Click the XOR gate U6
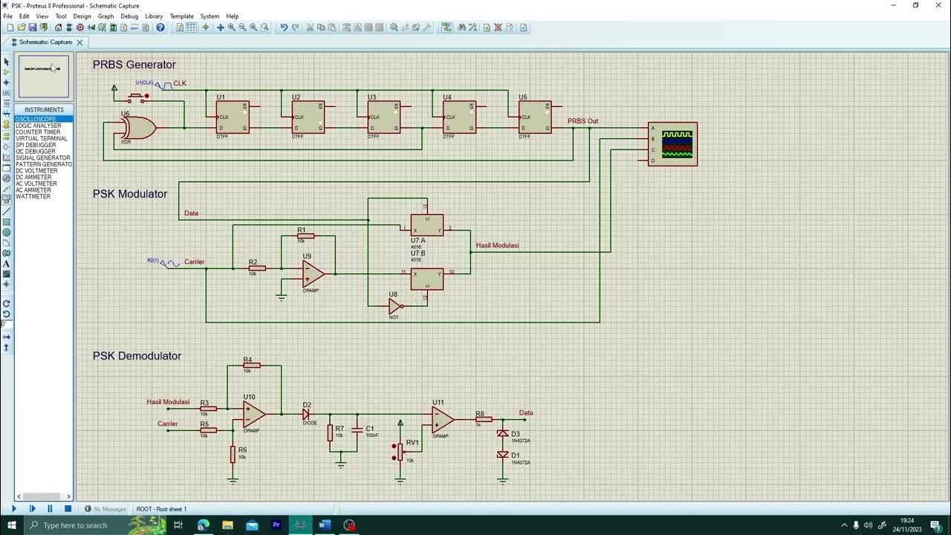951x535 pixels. pyautogui.click(x=139, y=128)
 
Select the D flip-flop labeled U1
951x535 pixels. pyautogui.click(x=233, y=117)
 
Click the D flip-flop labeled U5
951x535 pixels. pyautogui.click(x=535, y=117)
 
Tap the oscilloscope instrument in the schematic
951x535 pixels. pyautogui.click(x=672, y=144)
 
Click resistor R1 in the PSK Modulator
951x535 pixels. pyautogui.click(x=305, y=236)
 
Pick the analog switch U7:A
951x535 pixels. pyautogui.click(x=426, y=225)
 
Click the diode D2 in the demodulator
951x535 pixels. pyautogui.click(x=306, y=415)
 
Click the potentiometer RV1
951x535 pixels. pyautogui.click(x=400, y=450)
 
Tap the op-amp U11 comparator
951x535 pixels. pyautogui.click(x=443, y=420)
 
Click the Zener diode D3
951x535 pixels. pyautogui.click(x=503, y=433)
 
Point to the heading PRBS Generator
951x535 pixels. pyautogui.click(x=134, y=65)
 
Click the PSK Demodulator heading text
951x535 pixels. pyautogui.click(x=137, y=356)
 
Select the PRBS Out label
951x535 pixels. pyautogui.click(x=582, y=121)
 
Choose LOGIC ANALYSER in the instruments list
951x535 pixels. pyautogui.click(x=39, y=126)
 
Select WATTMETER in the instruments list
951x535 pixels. pyautogui.click(x=33, y=197)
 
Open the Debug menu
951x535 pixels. pyautogui.click(x=129, y=16)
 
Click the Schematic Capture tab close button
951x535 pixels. pyautogui.click(x=79, y=42)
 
